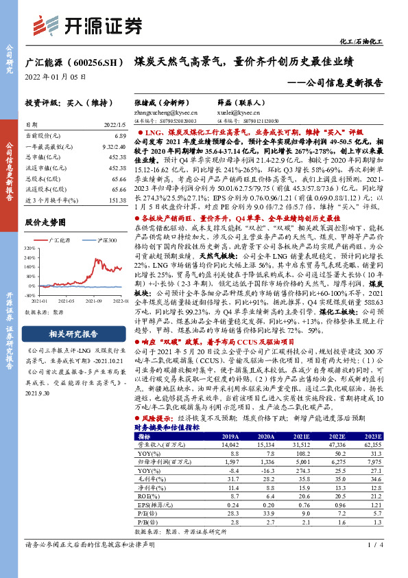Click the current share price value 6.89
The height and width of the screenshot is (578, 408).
(121, 137)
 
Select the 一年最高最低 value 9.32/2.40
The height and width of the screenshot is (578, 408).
(113, 147)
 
